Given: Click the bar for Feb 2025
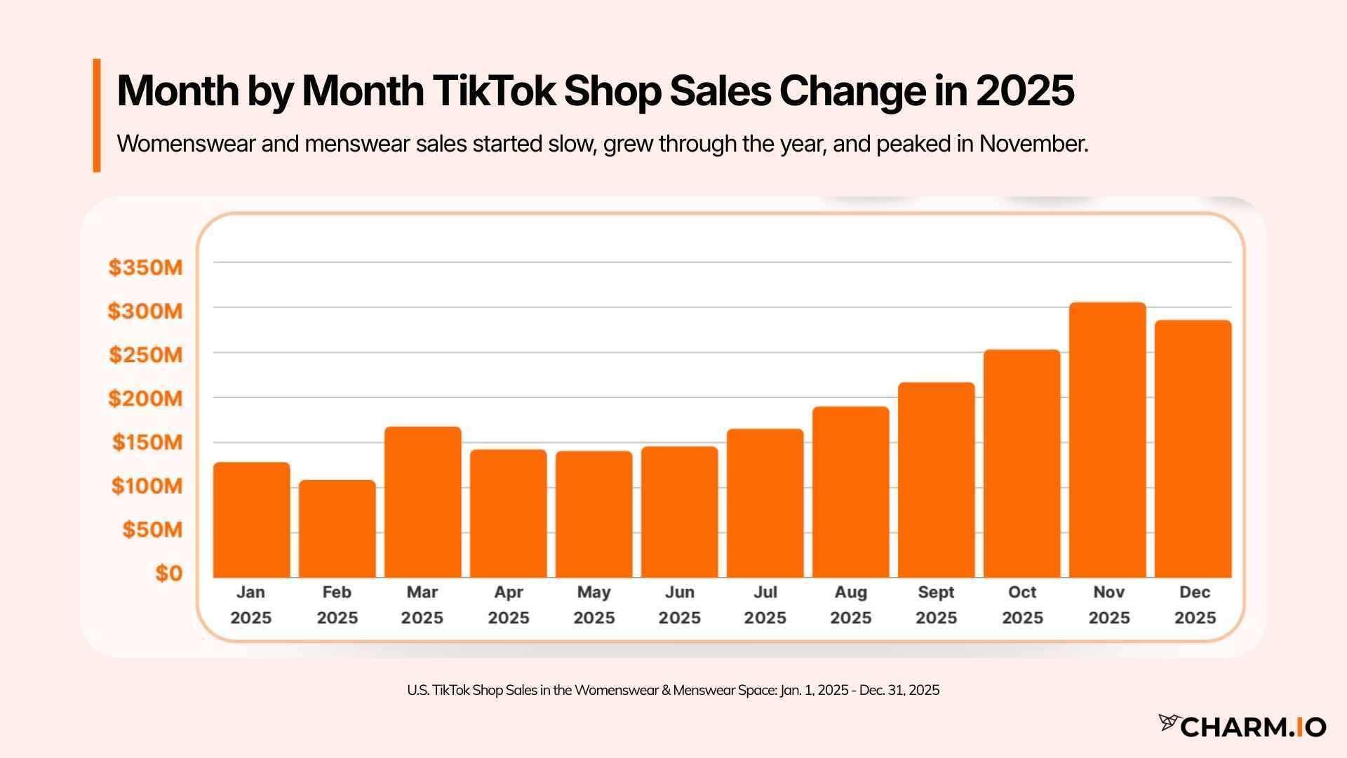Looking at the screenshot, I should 337,529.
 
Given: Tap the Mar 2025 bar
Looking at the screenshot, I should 422,503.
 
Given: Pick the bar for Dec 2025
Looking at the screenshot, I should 1193,449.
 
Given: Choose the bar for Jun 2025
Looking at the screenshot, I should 679,512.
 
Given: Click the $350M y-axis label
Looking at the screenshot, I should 145,267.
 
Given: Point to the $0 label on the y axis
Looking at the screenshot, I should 168,573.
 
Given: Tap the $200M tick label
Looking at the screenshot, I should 145,399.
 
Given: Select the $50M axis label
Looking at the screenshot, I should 152,530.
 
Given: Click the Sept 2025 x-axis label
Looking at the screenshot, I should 936,605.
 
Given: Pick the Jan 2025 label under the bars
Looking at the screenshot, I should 250,605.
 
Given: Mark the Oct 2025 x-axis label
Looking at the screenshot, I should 1022,605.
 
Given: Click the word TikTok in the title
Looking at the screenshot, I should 494,91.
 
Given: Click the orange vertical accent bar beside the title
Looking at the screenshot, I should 97,115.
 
